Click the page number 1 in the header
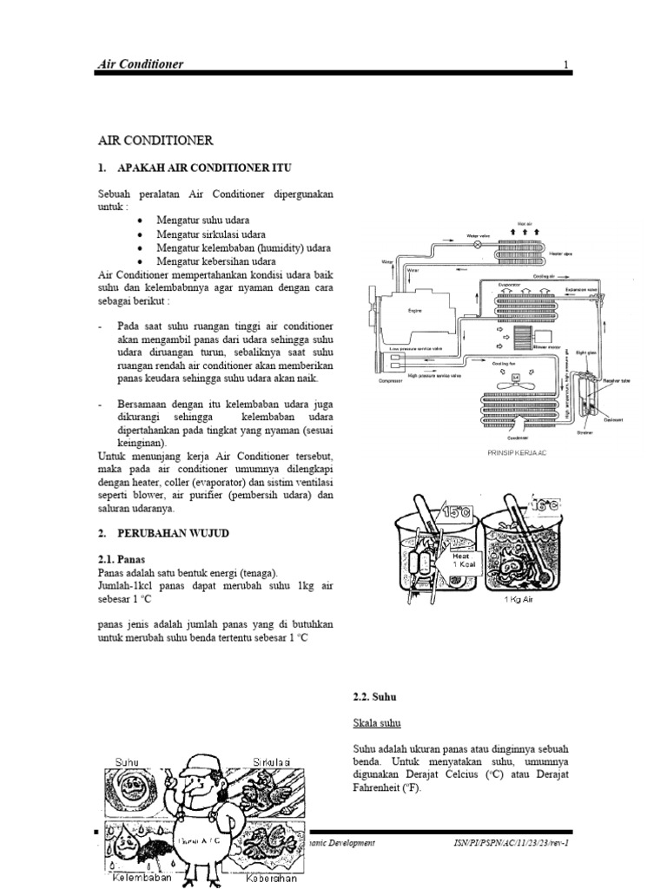565,64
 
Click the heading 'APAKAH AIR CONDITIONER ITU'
203,166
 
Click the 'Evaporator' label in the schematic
510,284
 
